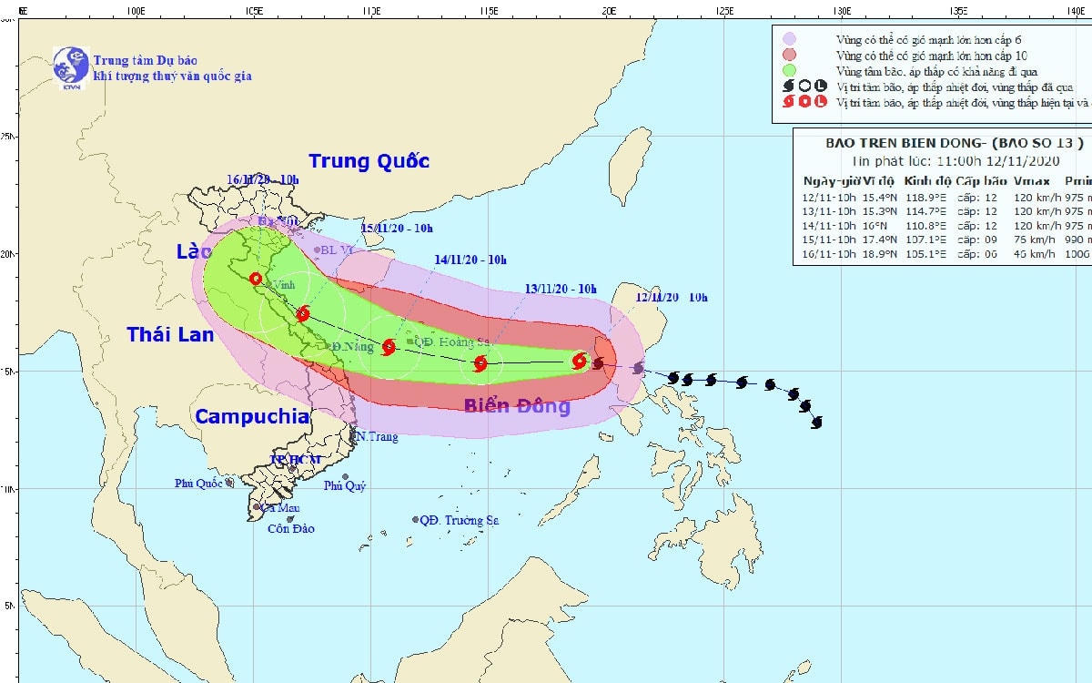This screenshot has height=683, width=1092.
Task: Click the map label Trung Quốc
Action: coord(369,162)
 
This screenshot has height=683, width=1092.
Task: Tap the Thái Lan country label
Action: coord(170,335)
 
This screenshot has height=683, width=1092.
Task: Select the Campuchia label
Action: coord(252,417)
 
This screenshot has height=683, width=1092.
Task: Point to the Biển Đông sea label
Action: coord(517,406)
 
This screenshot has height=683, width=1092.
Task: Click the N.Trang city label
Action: coord(376,437)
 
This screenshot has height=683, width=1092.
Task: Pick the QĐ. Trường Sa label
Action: coord(459,520)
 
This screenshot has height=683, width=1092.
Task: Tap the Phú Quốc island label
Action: coord(200,484)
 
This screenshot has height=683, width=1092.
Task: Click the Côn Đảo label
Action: coord(291,529)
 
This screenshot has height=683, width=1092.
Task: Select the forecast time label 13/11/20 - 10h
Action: coord(561,290)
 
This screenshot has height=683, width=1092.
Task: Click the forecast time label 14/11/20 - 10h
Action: coord(470,260)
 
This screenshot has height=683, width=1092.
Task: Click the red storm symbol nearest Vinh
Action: coord(303,314)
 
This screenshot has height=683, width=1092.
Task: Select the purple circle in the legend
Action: coord(789,39)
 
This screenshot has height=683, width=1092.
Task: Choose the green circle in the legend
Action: coord(789,70)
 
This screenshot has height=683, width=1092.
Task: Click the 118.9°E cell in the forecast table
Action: coord(925,197)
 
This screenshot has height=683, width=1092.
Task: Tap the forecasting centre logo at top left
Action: coord(70,66)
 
